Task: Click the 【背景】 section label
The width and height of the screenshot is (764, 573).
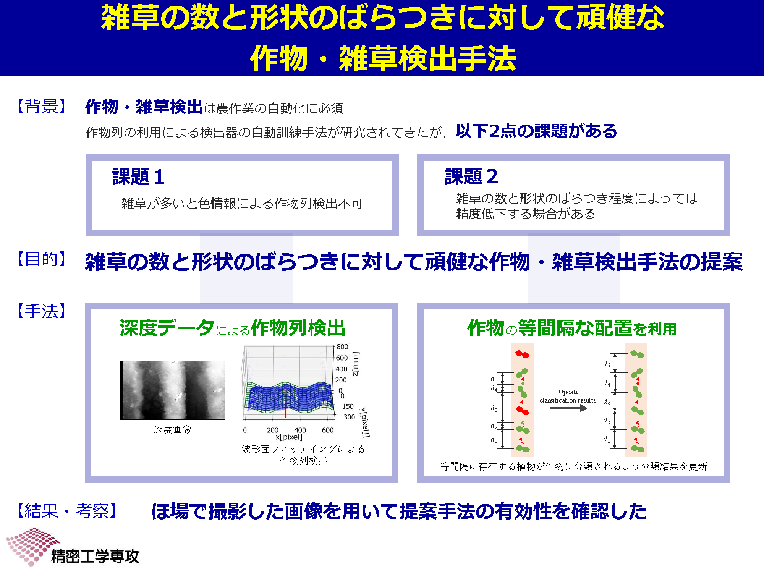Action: [42, 106]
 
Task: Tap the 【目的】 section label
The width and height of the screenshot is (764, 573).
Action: [42, 259]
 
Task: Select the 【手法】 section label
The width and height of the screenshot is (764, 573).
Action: [42, 311]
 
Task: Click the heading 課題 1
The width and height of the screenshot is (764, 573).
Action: [138, 177]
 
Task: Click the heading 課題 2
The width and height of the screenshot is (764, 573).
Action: [471, 176]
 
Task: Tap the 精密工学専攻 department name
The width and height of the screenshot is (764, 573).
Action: [95, 557]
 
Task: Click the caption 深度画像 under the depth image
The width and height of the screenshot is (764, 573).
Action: [173, 429]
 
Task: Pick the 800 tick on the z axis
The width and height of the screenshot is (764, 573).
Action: [342, 346]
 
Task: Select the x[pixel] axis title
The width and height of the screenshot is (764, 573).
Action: [289, 437]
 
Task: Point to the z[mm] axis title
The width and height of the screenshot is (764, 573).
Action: [356, 364]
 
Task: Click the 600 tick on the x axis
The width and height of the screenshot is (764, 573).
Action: [328, 430]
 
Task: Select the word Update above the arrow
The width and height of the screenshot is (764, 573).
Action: [568, 392]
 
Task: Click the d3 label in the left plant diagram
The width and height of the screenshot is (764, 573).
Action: [494, 408]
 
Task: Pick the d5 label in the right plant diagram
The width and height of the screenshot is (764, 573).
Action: [607, 364]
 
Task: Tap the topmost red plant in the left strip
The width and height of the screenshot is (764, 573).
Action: [522, 354]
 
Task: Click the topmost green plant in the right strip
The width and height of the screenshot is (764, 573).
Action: [637, 354]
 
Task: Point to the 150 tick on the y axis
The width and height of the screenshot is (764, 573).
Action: [348, 406]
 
